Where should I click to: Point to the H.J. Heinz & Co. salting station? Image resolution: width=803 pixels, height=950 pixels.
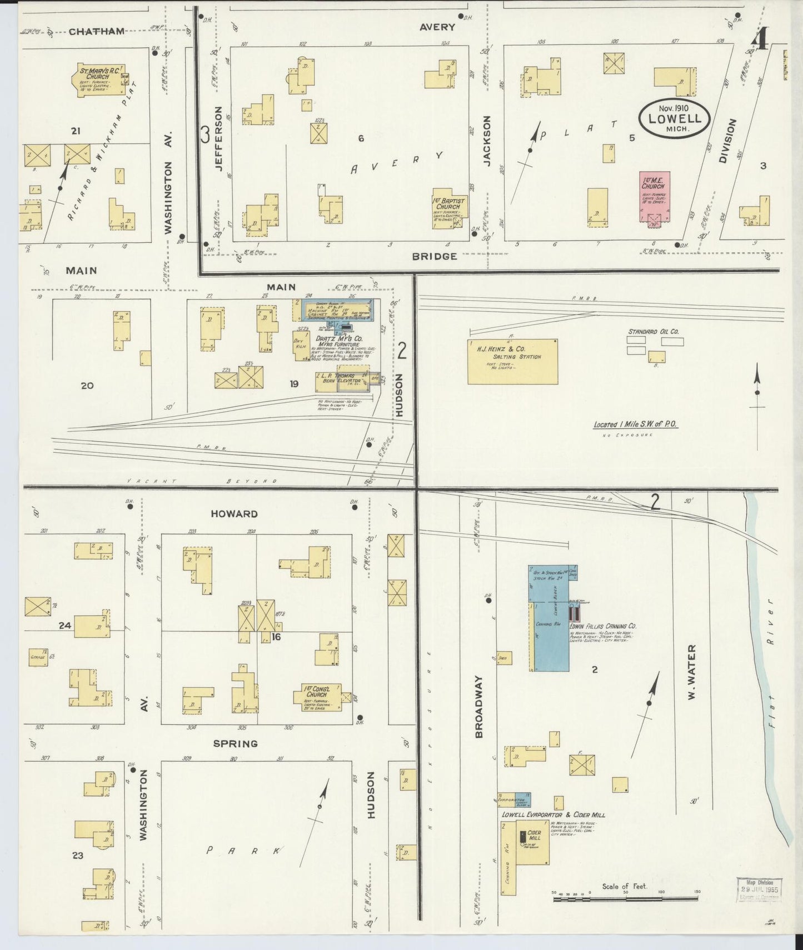tap(512, 361)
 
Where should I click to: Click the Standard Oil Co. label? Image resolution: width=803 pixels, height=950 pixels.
tap(654, 332)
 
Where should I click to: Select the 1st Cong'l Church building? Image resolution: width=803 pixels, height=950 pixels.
tap(317, 697)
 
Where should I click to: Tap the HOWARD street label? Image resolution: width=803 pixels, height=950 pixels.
tap(234, 514)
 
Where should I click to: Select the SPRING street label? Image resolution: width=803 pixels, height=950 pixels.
tap(236, 743)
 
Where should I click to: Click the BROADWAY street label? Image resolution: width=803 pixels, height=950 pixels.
tap(478, 707)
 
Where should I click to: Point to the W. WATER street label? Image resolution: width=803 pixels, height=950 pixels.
tap(692, 672)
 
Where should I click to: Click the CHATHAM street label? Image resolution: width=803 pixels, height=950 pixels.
tap(97, 32)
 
